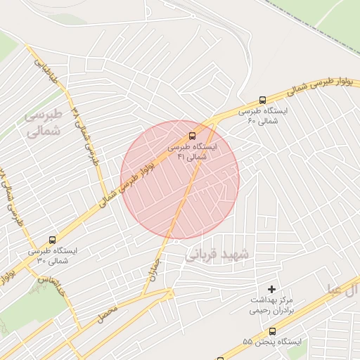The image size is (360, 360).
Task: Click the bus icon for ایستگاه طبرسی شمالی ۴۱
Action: point(192,137)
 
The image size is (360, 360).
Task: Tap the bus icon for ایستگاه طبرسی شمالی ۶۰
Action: point(262,101)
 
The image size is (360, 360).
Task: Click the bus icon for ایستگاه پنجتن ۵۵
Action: point(272,331)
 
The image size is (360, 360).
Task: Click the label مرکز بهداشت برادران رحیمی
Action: point(272,305)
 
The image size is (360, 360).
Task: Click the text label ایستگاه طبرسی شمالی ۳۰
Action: point(52,255)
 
